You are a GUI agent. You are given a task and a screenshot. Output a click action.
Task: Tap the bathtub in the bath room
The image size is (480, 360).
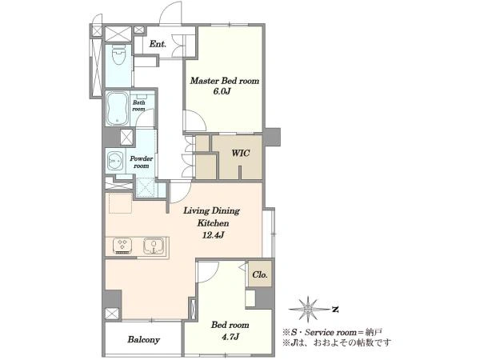(x=118, y=108)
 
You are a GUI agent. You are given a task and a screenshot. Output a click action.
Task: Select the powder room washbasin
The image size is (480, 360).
(x=115, y=160)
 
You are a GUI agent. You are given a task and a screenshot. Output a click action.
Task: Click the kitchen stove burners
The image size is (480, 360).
(x=122, y=246)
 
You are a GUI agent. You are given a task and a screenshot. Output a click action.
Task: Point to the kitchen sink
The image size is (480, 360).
(x=154, y=246)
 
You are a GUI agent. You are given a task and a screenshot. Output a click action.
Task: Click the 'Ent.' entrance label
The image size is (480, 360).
(x=158, y=44)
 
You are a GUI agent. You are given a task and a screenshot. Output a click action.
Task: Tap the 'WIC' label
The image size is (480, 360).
(x=241, y=153)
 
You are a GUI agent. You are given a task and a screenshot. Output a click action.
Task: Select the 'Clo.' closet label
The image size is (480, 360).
(x=260, y=274)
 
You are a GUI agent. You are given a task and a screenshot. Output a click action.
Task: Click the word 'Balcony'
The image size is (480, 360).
(x=143, y=339)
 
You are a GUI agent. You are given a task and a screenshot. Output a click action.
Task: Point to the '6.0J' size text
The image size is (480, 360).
(x=222, y=91)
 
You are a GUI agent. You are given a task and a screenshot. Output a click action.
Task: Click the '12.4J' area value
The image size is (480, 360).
(x=213, y=235)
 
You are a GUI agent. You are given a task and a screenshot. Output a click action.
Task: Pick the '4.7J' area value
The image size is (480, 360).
(x=230, y=337)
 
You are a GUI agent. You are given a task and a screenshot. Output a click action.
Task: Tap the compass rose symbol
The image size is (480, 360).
(x=309, y=310)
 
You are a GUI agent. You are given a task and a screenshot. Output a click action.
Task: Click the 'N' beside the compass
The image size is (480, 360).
(x=335, y=310)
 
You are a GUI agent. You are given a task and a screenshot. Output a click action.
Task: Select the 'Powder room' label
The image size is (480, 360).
(x=141, y=162)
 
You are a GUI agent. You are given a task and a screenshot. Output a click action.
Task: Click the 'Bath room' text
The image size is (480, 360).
(x=138, y=106)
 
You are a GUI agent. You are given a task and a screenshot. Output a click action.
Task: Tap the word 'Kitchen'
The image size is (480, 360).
(x=213, y=223)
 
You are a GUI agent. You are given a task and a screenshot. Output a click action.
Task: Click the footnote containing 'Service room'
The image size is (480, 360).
(x=332, y=332)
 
